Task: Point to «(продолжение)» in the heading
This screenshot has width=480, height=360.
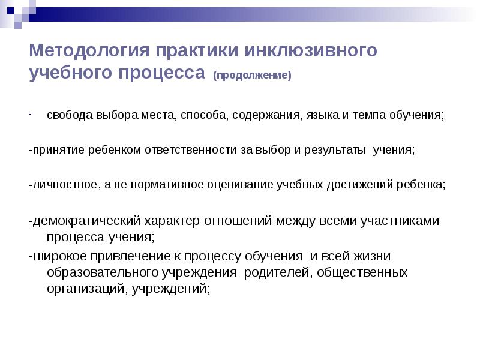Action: pyautogui.click(x=252, y=76)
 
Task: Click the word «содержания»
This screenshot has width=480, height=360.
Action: pyautogui.click(x=263, y=115)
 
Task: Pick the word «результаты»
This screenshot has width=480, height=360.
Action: pyautogui.click(x=330, y=149)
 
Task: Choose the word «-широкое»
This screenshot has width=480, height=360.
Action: pyautogui.click(x=56, y=256)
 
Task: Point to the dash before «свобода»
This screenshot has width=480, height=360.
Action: pyautogui.click(x=31, y=114)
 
